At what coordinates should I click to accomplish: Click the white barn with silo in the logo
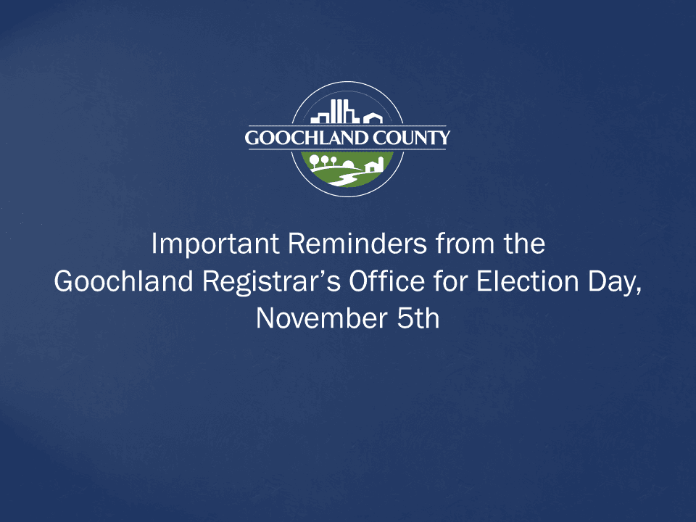point(372,165)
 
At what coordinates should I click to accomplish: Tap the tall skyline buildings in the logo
point(336,112)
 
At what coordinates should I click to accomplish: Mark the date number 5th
point(418,318)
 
